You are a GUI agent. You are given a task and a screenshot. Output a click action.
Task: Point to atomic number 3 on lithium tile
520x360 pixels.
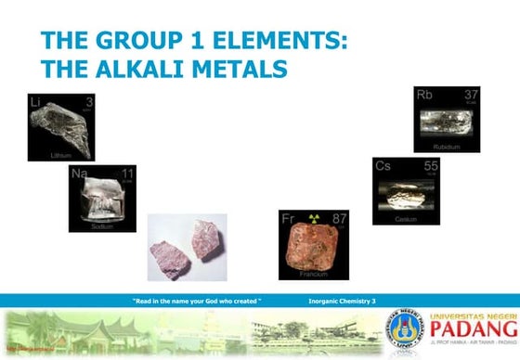[89, 101]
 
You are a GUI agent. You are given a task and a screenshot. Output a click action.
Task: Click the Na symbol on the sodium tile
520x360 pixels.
[80, 174]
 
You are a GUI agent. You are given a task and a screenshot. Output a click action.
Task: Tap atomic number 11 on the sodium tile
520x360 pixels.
[127, 174]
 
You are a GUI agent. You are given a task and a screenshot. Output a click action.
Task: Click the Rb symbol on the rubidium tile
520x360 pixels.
[425, 95]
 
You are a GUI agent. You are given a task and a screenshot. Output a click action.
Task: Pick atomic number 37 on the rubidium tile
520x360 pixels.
[471, 95]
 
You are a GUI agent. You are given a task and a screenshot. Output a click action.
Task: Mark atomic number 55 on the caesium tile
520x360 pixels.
[431, 166]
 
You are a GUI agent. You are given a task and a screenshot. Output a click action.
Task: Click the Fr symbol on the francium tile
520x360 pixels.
[289, 219]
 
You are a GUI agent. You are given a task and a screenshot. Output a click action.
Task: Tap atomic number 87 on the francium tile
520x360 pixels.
[339, 220]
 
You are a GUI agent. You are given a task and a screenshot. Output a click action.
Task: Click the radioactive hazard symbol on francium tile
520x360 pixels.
[314, 219]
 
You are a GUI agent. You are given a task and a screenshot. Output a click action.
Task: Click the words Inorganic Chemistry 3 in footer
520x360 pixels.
[341, 302]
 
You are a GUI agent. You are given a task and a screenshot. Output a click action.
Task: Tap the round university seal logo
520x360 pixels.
[405, 328]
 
